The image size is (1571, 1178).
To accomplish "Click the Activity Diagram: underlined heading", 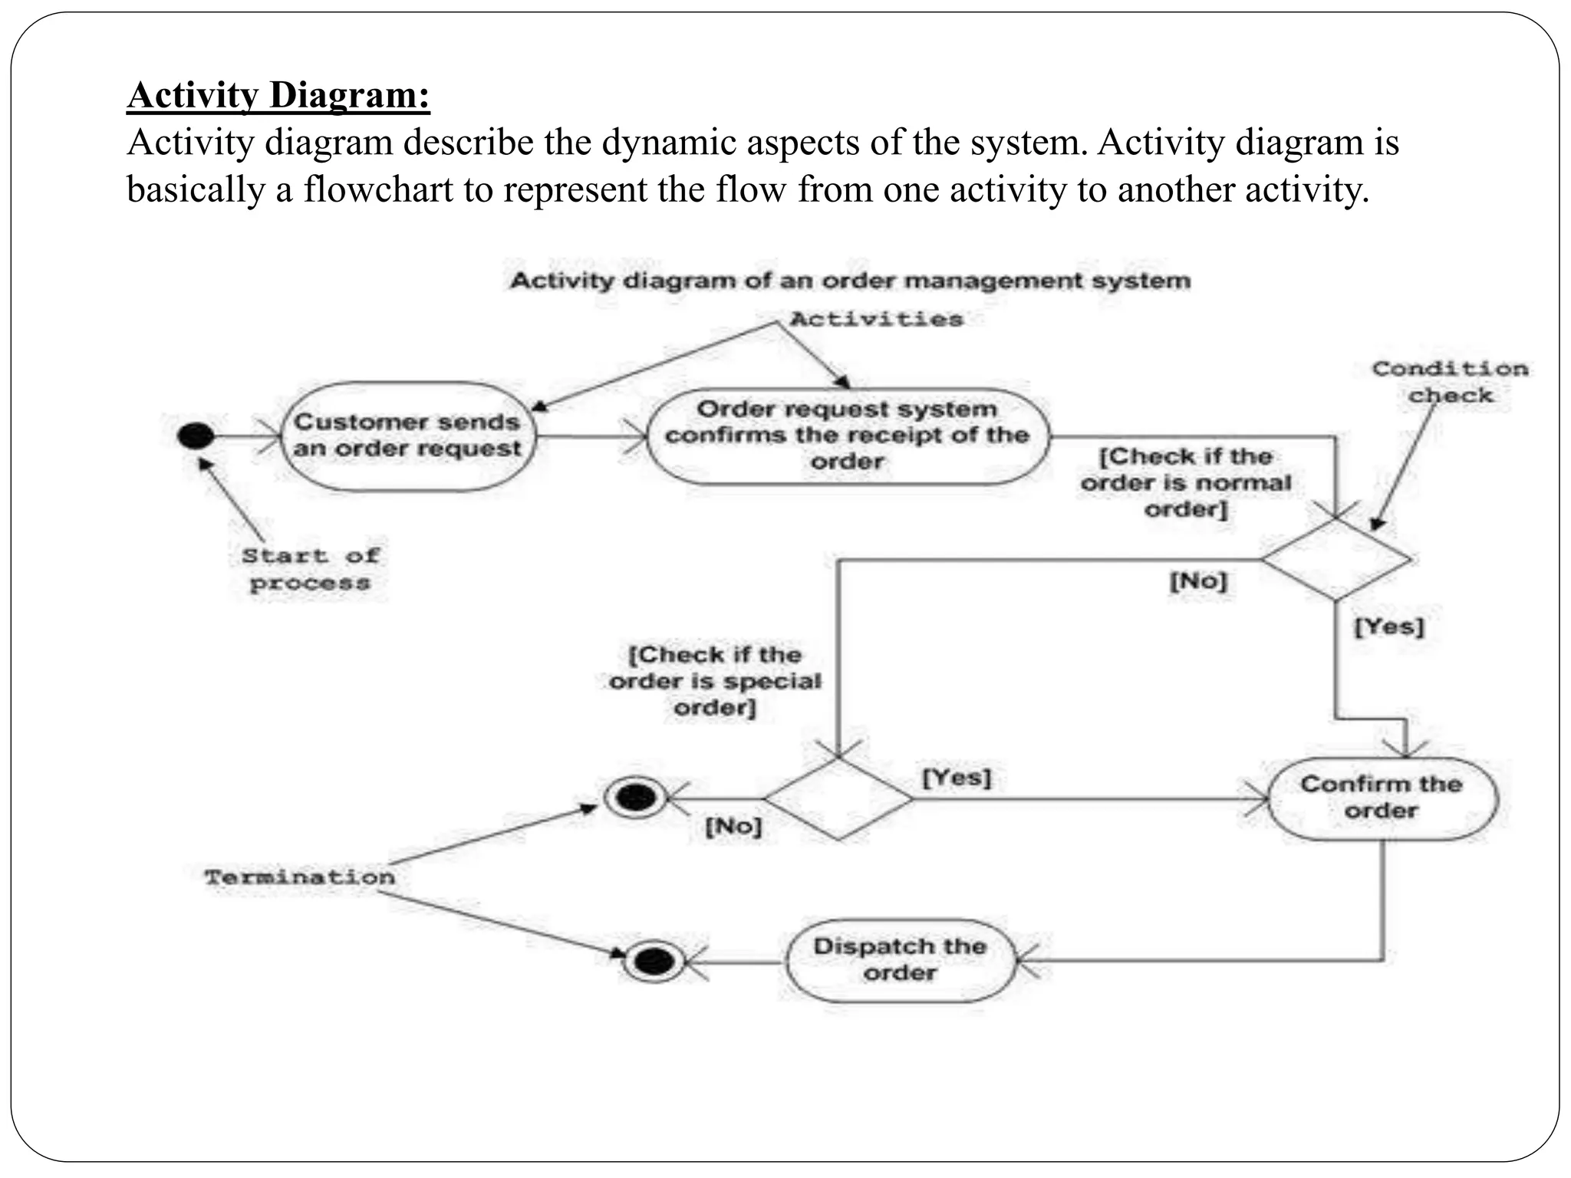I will point(278,95).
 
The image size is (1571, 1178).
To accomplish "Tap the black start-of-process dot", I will point(196,436).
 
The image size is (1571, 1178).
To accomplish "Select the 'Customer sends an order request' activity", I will point(407,436).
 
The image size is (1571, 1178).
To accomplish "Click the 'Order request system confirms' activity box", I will point(847,436).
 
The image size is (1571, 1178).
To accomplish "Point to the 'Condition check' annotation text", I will point(1450,382).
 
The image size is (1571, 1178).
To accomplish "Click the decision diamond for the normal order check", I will point(1336,559).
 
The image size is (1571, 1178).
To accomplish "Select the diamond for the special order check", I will point(838,798).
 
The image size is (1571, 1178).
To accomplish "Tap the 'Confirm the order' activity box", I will point(1382,798).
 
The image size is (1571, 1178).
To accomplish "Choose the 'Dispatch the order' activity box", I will point(900,959).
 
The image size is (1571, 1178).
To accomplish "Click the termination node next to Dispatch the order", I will point(654,960).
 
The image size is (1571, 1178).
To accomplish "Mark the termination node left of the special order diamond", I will point(635,798).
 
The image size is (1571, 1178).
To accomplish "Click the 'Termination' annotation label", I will point(300,877).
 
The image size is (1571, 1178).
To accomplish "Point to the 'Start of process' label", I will point(310,569).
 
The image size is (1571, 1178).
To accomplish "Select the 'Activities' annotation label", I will point(876,319).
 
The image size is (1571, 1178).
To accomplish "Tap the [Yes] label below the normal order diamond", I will point(1388,627).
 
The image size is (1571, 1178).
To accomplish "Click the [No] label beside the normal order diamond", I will point(1198,581).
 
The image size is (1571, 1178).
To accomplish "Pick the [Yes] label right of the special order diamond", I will point(957,778).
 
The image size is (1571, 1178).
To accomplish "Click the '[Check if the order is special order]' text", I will point(715,681).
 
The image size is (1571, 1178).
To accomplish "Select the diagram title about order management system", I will point(850,281).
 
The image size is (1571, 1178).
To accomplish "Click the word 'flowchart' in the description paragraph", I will point(378,189).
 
